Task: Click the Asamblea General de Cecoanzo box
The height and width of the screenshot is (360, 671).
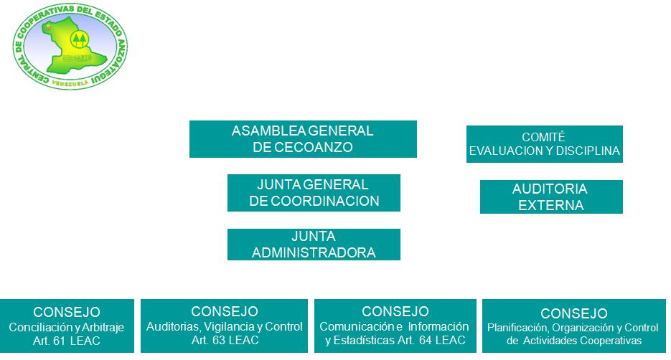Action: tap(303, 139)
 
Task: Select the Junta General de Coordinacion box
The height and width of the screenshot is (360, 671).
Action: tap(314, 193)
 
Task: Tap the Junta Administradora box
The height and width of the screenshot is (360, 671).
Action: tap(314, 245)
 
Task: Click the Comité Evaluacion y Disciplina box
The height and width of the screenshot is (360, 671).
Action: tap(544, 144)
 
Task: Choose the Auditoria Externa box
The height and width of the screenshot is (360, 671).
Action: tap(550, 197)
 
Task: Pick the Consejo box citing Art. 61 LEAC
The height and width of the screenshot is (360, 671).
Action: tap(67, 326)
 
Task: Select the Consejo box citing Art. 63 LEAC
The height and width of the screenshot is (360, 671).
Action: tap(225, 326)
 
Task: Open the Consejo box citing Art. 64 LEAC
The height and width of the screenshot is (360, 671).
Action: tap(395, 326)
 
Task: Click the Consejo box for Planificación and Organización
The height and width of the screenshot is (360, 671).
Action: tap(573, 327)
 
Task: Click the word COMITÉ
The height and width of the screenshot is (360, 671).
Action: tap(544, 137)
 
